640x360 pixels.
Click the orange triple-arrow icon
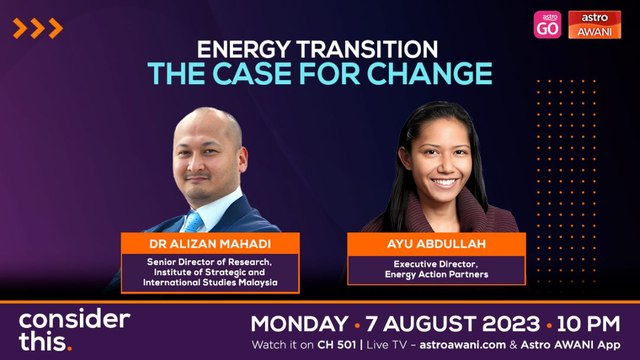coord(38,28)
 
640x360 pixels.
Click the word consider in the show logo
coord(74,321)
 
